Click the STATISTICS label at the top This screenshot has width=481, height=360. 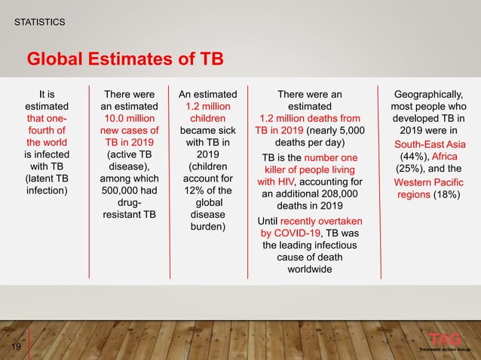(40, 23)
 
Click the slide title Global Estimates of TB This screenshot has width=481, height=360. (125, 59)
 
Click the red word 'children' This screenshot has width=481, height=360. (205, 118)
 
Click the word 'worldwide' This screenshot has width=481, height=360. (309, 271)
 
